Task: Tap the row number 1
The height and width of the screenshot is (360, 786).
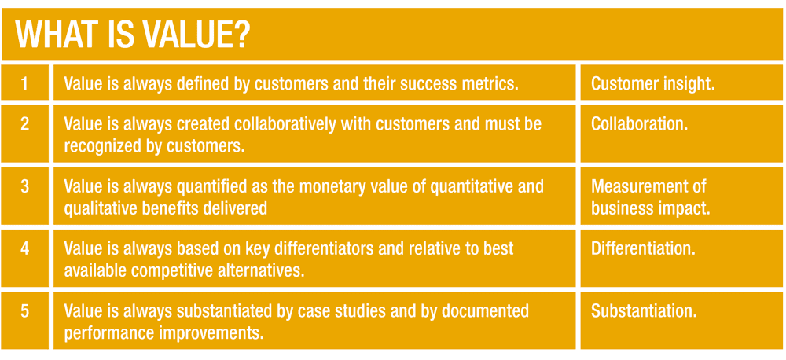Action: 24,83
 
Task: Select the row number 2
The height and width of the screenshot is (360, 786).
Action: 24,124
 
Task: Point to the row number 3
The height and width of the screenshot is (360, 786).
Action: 24,186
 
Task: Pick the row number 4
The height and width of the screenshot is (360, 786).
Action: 24,248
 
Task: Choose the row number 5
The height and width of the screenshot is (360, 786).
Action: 24,311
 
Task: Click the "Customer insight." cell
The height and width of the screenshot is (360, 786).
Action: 652,84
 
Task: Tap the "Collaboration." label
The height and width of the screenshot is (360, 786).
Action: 640,124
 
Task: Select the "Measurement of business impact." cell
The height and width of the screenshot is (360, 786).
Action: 651,197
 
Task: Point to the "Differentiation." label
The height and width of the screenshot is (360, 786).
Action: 643,249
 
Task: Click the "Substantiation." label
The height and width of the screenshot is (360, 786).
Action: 644,311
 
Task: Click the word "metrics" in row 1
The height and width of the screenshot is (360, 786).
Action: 490,84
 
